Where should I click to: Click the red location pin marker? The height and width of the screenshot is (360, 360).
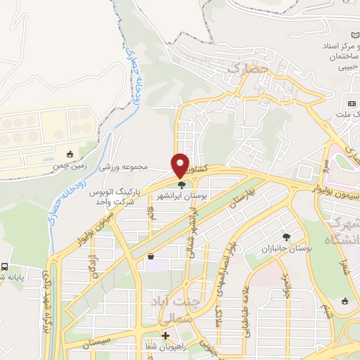(x=181, y=165)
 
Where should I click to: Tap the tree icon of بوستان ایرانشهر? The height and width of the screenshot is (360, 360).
(x=182, y=186)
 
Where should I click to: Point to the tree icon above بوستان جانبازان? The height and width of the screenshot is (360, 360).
(x=285, y=237)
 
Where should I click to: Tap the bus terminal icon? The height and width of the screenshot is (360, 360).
(x=5, y=267)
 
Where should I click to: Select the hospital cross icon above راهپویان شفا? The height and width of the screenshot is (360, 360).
(x=165, y=335)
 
